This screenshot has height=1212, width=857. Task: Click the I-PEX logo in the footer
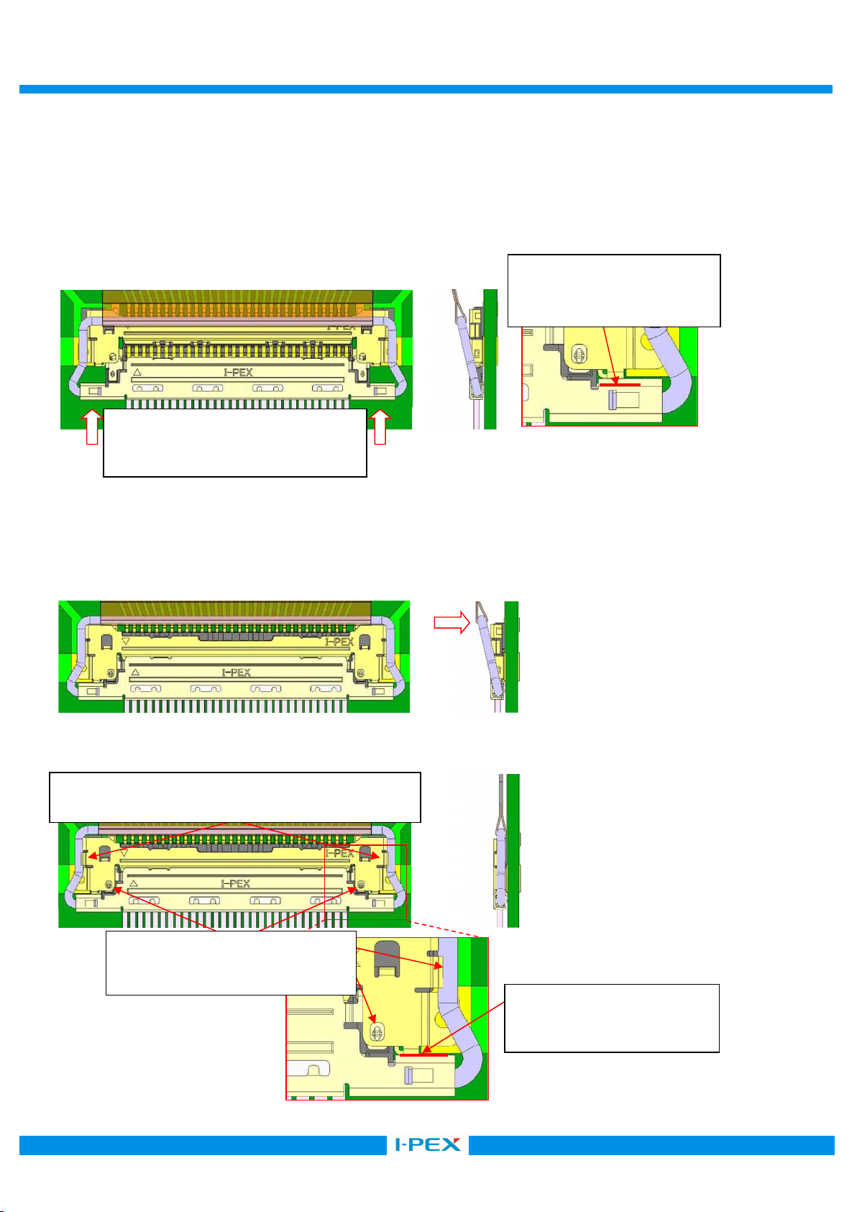pos(428,1144)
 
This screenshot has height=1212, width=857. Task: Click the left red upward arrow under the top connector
pos(93,427)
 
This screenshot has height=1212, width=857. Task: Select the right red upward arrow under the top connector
pos(380,427)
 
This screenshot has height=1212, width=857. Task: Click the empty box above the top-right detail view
pos(614,291)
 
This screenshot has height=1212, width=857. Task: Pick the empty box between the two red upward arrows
pos(234,442)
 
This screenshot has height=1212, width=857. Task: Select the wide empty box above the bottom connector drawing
pos(234,798)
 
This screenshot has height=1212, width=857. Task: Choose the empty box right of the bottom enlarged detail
pos(612,1019)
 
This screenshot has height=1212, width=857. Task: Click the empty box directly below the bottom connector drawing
pos(231,962)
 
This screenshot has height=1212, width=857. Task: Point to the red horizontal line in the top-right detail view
pos(620,385)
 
